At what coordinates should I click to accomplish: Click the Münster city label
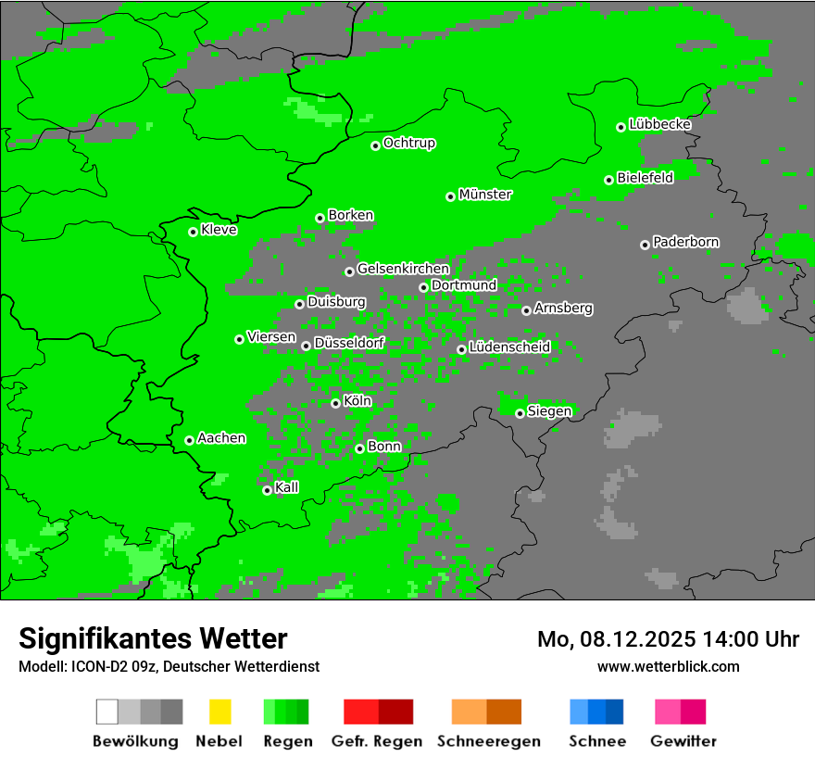485,195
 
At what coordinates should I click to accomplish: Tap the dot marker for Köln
335,403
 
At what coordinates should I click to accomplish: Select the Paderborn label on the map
685,242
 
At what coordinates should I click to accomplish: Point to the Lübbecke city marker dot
621,127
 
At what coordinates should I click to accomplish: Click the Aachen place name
221,438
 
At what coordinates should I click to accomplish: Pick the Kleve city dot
193,232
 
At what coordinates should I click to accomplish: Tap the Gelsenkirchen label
403,269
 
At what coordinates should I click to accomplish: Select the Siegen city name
549,411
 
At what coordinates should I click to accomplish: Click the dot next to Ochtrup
375,145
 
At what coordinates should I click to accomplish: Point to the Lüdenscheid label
509,347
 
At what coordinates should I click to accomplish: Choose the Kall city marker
267,490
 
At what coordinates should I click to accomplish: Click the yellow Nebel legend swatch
219,712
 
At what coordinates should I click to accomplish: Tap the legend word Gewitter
683,741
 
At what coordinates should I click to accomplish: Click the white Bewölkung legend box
107,712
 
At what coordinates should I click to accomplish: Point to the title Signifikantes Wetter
153,638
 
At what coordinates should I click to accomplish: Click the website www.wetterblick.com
668,666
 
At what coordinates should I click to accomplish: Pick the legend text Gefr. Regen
377,741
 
